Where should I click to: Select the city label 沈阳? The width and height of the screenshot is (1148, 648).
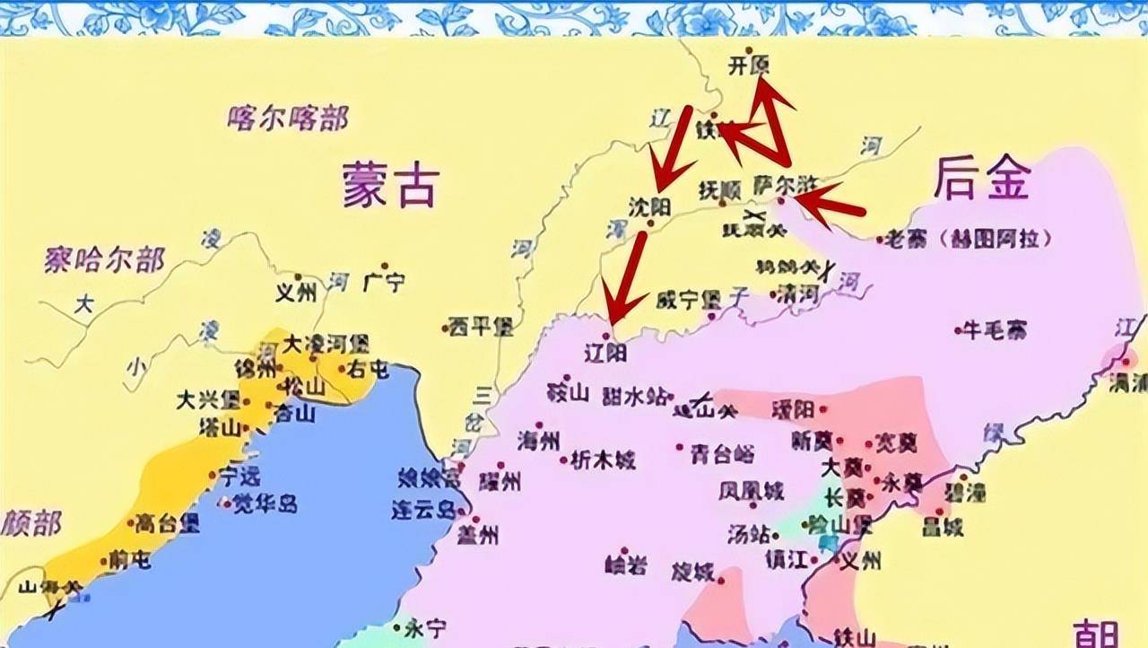[649, 206]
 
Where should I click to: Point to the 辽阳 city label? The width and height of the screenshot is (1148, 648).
[605, 353]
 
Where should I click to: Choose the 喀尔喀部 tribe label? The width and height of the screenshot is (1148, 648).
[288, 117]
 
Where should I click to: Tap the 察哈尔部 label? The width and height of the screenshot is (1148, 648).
[104, 260]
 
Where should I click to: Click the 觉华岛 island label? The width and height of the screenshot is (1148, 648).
[265, 504]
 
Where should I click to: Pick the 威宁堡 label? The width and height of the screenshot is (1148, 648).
[689, 299]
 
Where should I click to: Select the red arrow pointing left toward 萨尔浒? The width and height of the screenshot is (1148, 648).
[830, 202]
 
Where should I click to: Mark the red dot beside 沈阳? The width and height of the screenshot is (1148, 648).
[650, 223]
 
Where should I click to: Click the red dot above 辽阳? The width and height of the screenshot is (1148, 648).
[605, 336]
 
